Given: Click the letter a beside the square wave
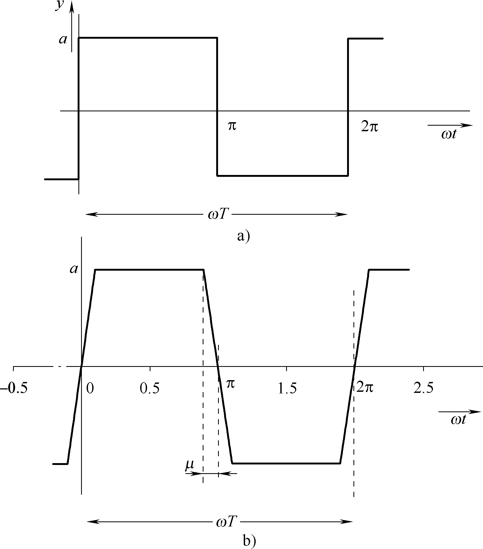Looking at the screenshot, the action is pyautogui.click(x=63, y=40).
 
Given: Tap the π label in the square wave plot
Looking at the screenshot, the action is pyautogui.click(x=232, y=126).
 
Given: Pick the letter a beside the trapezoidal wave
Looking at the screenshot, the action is pyautogui.click(x=74, y=269).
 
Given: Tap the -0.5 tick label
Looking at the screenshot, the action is pyautogui.click(x=14, y=389).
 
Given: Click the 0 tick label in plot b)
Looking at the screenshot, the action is pyautogui.click(x=90, y=389).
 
